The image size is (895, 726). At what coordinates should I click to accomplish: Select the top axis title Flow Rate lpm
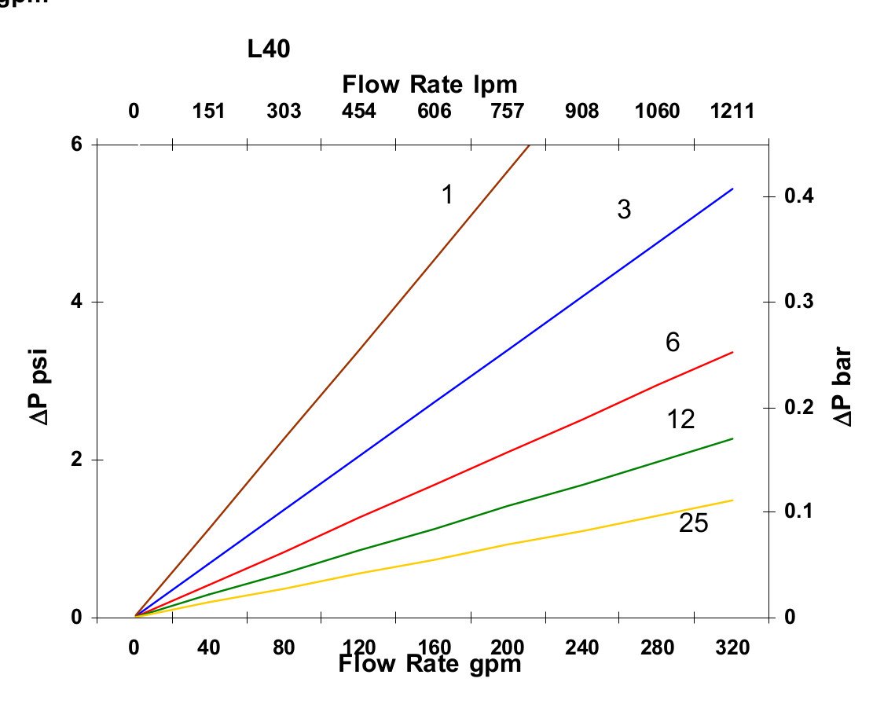point(430,83)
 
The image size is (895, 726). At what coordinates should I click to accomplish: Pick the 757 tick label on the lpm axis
point(507,111)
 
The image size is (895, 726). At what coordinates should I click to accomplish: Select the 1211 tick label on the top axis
point(732,111)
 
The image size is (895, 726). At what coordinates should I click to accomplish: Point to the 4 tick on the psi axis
point(78,302)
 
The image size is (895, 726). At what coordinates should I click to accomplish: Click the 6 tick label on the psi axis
point(78,145)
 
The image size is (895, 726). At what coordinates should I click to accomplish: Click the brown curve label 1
point(447,195)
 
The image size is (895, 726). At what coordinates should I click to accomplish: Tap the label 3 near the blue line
point(624,210)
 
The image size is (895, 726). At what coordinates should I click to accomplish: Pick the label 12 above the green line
point(680,420)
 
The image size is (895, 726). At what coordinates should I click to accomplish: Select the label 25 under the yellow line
point(693,523)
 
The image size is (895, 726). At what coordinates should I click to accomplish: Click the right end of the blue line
point(732,189)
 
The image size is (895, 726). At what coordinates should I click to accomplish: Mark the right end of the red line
point(732,352)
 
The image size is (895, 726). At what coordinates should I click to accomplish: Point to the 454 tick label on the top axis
point(358,111)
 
